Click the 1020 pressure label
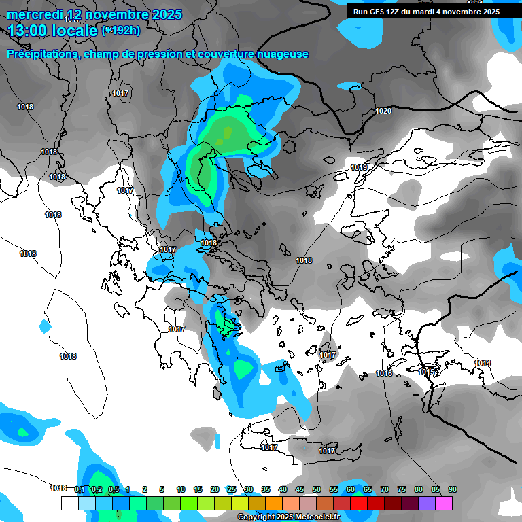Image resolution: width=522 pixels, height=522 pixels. tap(383, 111)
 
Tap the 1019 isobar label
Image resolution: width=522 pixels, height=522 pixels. tap(359, 167)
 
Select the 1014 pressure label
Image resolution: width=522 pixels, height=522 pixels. tap(483, 363)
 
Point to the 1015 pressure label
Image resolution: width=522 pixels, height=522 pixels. tap(426, 372)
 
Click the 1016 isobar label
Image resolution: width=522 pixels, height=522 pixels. tap(384, 373)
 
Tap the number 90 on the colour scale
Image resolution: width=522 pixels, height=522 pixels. tap(452, 489)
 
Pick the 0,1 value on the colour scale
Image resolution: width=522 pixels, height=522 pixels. tap(79, 489)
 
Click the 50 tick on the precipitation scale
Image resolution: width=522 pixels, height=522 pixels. tap(317, 489)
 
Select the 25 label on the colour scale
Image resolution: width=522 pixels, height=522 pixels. tap(232, 489)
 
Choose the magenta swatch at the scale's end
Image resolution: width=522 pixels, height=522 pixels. tap(444, 503)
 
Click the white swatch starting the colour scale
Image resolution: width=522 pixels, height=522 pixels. tap(70, 503)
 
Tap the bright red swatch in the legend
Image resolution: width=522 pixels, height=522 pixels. tap(359, 503)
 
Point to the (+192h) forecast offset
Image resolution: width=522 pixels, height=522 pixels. tap(121, 31)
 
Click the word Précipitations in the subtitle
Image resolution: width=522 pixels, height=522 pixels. tap(41, 54)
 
